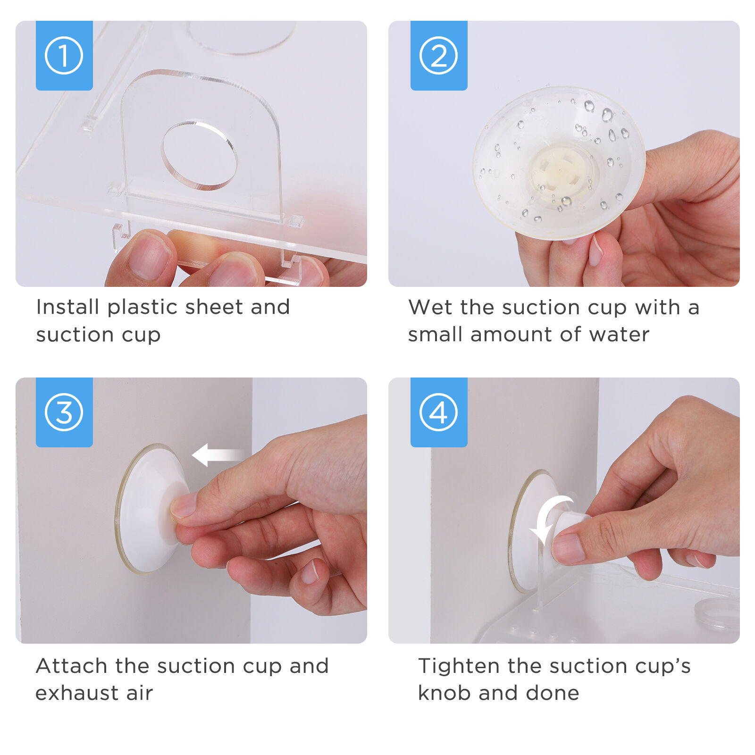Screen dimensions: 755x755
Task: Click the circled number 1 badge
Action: point(64,56)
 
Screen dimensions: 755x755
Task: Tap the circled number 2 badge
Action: point(439,56)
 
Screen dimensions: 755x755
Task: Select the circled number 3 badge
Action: point(64,412)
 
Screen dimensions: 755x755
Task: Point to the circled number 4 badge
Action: point(439,412)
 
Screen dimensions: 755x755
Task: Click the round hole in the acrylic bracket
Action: point(200,155)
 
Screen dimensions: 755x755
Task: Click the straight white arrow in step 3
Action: point(218,455)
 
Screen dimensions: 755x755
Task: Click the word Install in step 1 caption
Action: point(68,307)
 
